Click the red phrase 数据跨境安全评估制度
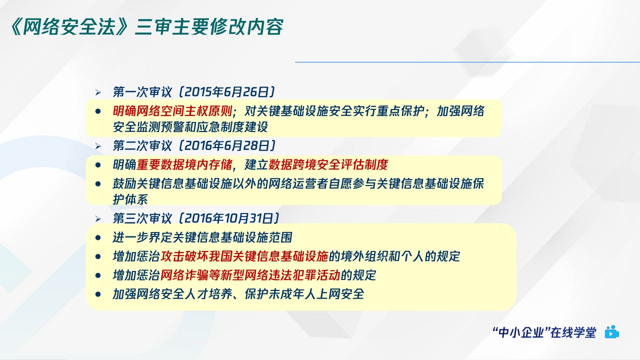[x=328, y=164]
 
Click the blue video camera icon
[x=611, y=332]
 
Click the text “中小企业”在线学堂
[x=544, y=332]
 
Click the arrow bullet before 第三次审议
[x=98, y=219]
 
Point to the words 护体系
[x=130, y=198]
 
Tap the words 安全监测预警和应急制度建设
[x=190, y=126]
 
